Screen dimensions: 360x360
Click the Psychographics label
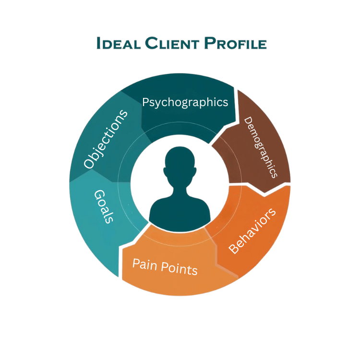click(x=185, y=102)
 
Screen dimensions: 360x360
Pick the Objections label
click(x=106, y=139)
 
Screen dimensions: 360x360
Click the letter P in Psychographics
click(x=147, y=102)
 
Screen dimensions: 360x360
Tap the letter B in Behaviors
click(x=235, y=248)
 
